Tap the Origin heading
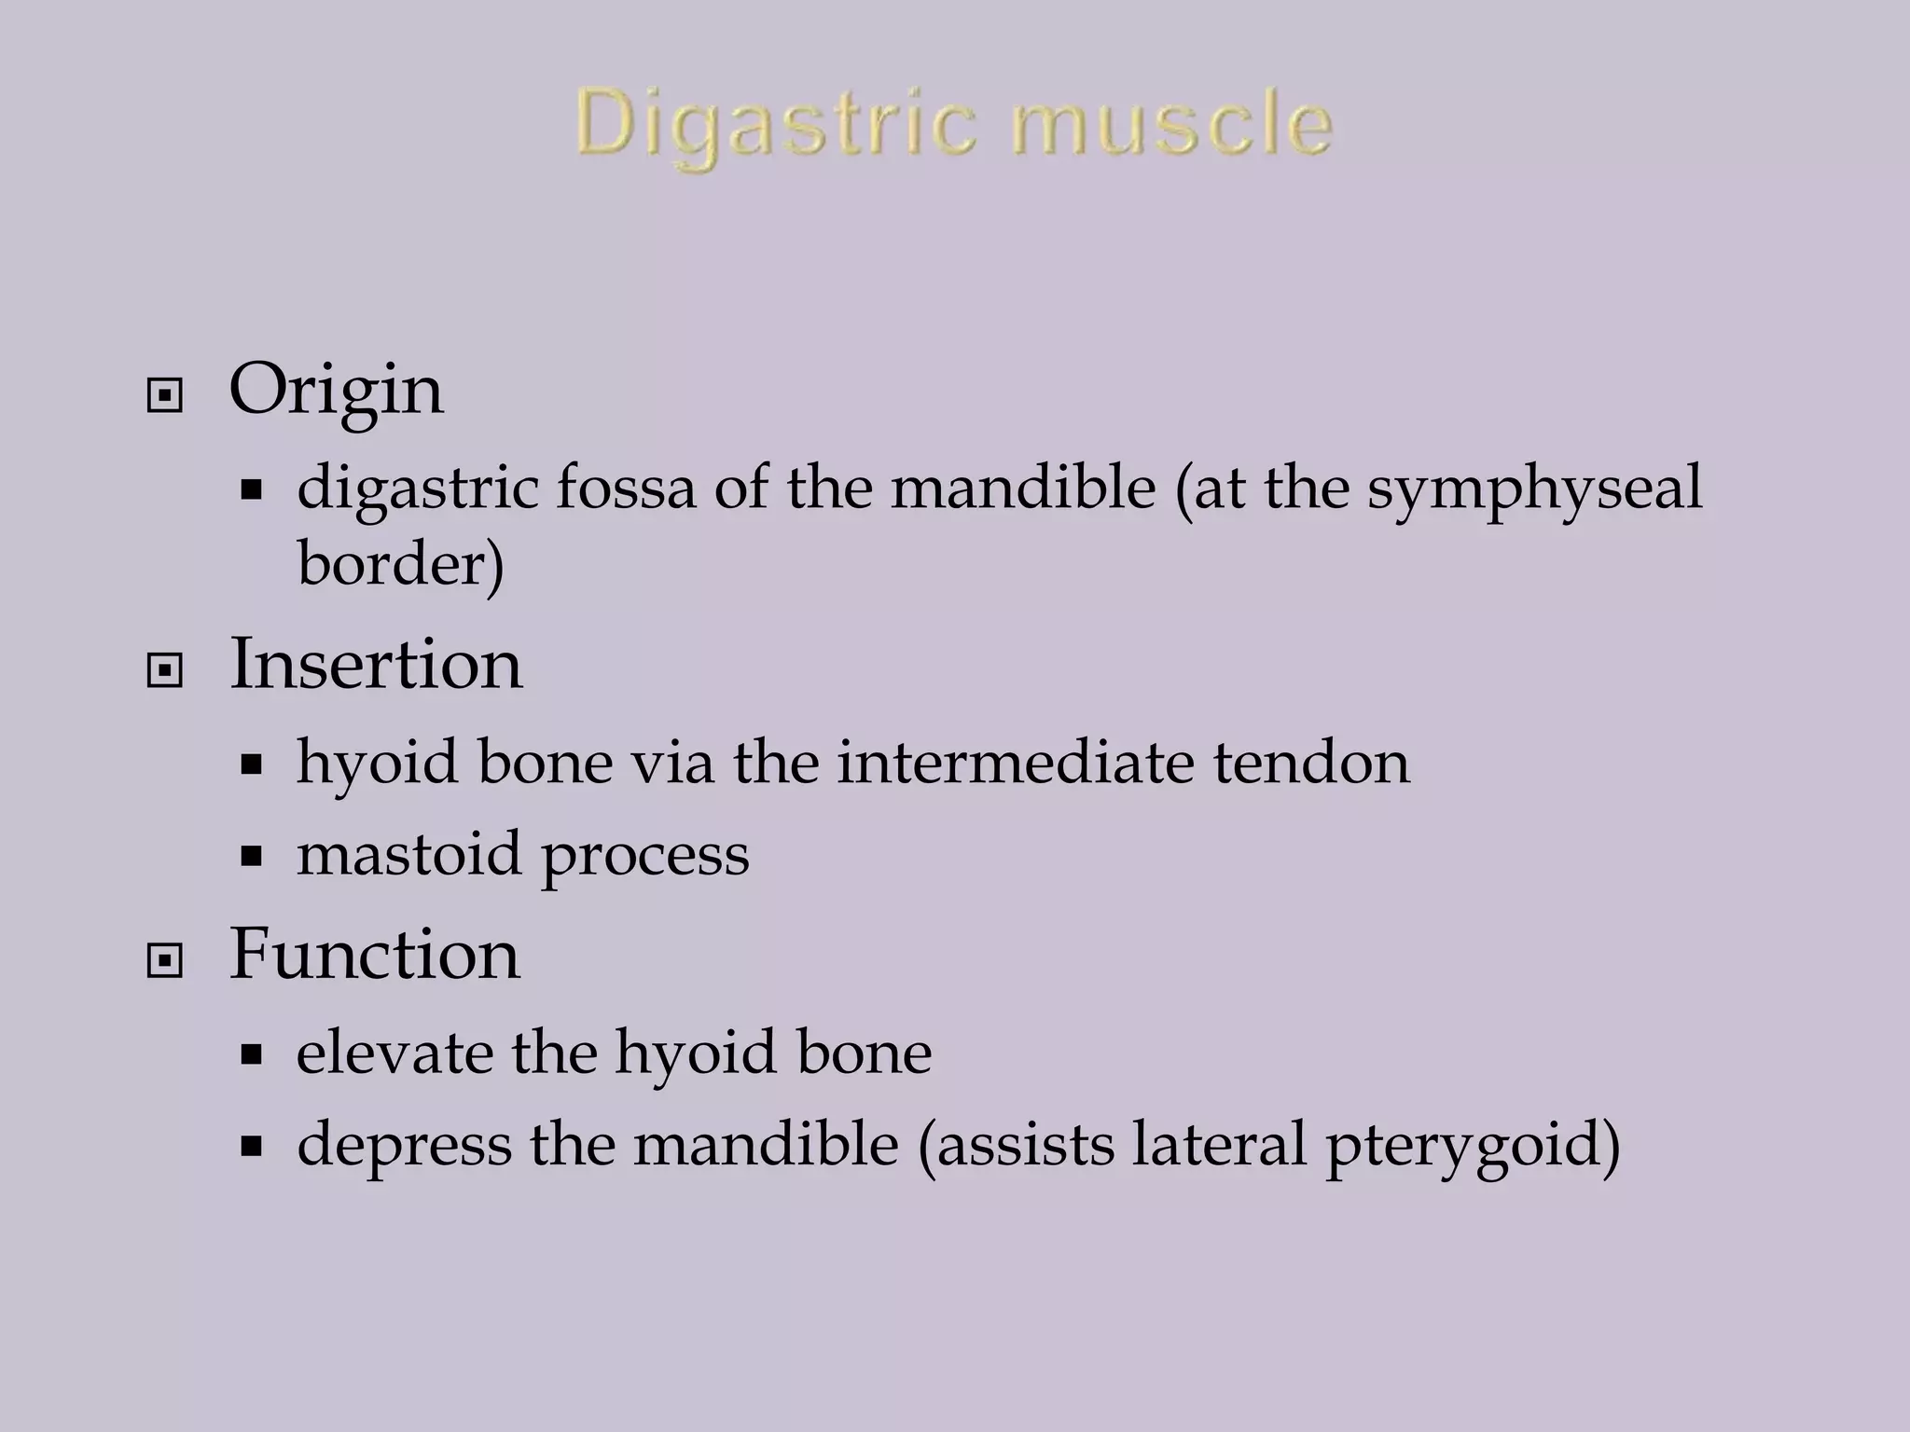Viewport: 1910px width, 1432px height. click(336, 390)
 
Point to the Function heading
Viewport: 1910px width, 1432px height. click(375, 955)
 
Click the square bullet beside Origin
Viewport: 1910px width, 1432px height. click(165, 397)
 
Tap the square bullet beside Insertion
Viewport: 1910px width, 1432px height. click(165, 670)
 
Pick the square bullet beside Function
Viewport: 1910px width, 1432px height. click(165, 961)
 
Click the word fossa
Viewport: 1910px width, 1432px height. click(626, 487)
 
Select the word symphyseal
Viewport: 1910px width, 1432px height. click(1535, 489)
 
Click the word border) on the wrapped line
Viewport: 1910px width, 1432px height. click(400, 564)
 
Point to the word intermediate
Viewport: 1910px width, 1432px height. click(1015, 762)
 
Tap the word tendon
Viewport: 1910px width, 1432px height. click(1311, 762)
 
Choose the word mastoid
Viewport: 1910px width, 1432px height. click(408, 853)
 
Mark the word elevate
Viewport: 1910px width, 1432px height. click(394, 1053)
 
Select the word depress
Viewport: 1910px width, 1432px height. click(404, 1146)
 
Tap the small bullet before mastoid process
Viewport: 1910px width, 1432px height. click(250, 856)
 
